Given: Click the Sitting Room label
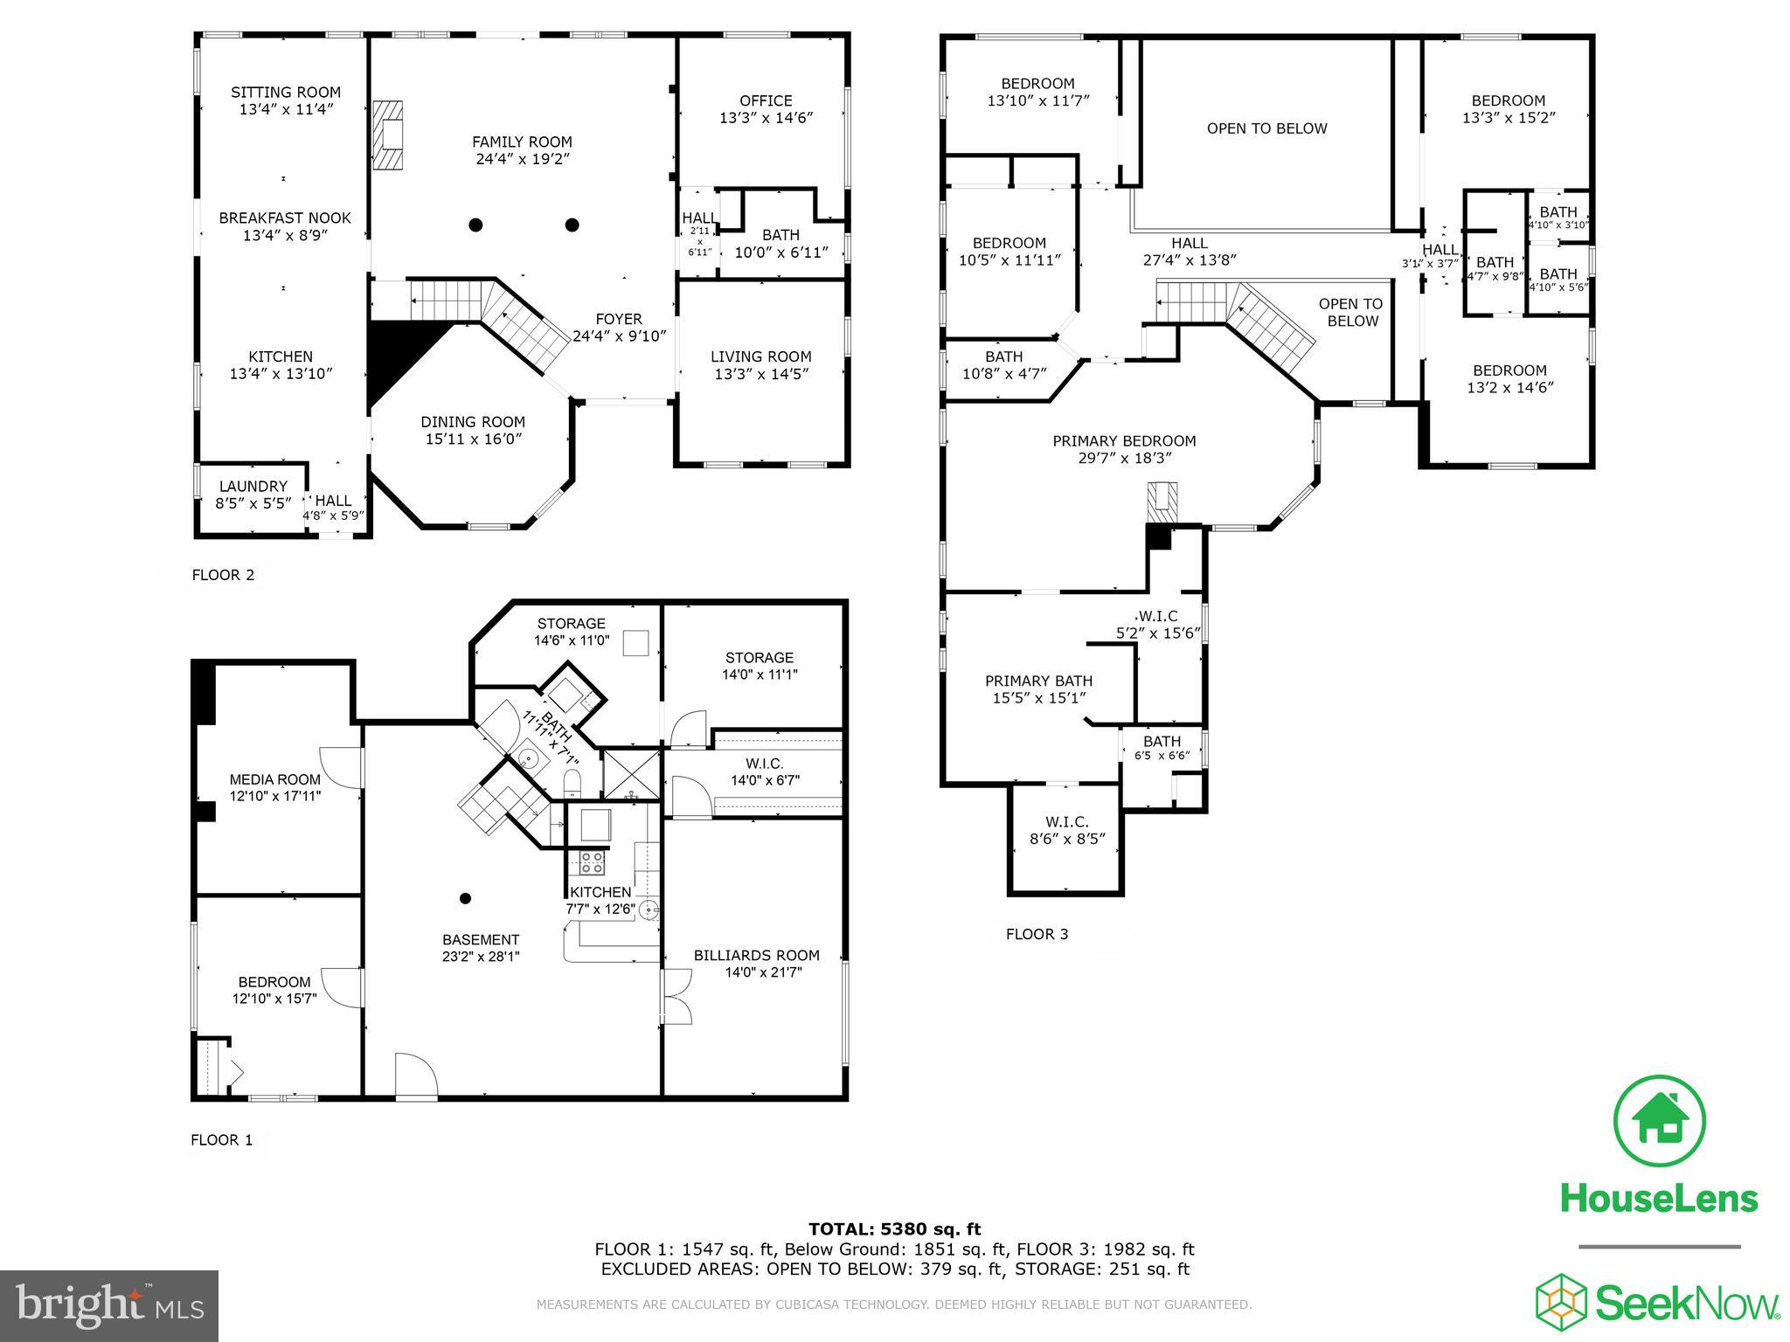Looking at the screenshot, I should (x=286, y=92).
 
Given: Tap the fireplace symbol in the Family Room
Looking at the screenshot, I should (x=387, y=135).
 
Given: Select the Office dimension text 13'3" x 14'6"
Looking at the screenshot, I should (x=767, y=118).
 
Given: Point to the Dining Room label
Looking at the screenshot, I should (x=473, y=422).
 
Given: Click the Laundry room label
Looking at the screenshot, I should (x=253, y=486).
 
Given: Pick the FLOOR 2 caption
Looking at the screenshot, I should (x=223, y=575).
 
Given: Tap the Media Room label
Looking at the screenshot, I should (x=274, y=779).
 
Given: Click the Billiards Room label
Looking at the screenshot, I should (x=756, y=955).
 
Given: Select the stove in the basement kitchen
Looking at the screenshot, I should (x=592, y=862).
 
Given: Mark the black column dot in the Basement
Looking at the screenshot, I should (x=466, y=898).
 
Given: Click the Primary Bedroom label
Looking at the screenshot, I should (x=1124, y=441).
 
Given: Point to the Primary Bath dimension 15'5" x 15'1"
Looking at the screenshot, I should (x=1038, y=698).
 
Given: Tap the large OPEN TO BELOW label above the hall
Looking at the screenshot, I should (x=1266, y=128).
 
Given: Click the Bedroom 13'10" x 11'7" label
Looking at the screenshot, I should (x=1037, y=84).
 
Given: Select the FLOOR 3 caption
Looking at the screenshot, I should (x=1037, y=934).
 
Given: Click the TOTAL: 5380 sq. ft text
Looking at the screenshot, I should (x=894, y=1229).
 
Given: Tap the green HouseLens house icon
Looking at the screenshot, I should (x=1659, y=1123).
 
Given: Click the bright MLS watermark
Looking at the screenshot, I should (x=109, y=1306).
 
